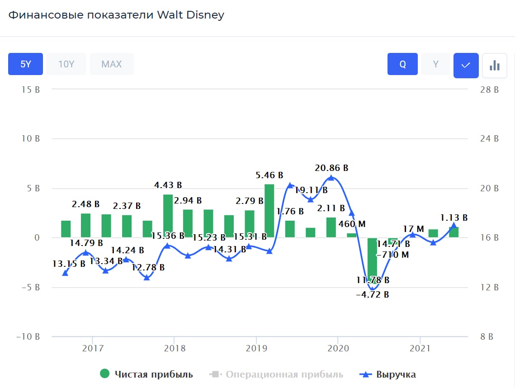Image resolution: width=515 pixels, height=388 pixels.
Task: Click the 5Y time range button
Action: (25, 64)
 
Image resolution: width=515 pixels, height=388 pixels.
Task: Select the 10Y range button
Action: (66, 64)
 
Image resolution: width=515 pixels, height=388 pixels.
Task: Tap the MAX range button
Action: (111, 64)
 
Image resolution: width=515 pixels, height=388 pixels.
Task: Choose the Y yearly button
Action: (435, 64)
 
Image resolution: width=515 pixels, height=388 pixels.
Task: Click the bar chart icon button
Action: (494, 66)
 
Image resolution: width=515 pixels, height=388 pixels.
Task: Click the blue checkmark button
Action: (466, 66)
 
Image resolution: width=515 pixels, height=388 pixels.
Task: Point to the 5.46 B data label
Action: (269, 175)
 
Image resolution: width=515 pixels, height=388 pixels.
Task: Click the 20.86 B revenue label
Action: (332, 168)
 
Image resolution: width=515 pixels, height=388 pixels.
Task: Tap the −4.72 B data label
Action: (373, 295)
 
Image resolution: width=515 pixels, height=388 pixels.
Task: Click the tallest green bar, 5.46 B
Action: (269, 210)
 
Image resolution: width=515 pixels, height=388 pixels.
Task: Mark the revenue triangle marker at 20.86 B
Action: (331, 178)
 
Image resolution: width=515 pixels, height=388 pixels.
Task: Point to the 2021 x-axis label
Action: (420, 348)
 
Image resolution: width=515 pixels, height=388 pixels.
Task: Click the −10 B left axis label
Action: (28, 336)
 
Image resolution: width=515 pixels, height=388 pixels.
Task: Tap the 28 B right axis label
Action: (489, 90)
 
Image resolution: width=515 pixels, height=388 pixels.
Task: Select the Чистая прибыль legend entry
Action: (146, 374)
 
